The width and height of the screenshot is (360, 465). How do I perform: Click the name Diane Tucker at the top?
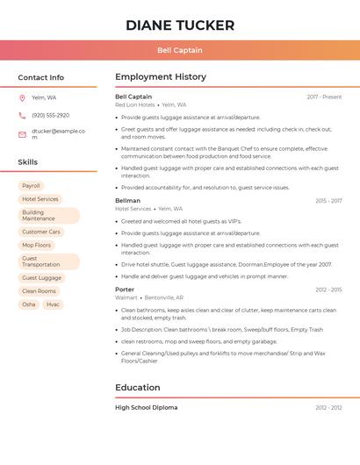click(180, 25)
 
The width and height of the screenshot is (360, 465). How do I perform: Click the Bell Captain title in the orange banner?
click(180, 50)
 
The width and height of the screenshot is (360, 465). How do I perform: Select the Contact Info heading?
click(41, 77)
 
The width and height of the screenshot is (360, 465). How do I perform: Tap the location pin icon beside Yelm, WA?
click(22, 98)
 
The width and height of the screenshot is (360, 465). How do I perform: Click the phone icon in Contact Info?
click(22, 116)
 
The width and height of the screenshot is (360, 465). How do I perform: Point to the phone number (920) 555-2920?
click(50, 116)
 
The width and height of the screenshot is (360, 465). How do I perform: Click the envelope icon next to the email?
click(22, 134)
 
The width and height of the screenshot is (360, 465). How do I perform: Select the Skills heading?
click(28, 162)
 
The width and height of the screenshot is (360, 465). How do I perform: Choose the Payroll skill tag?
click(31, 186)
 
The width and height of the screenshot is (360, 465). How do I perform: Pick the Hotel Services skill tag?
click(40, 199)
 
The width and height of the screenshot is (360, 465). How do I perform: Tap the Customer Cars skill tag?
click(41, 232)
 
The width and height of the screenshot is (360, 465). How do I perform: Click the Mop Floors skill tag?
click(37, 245)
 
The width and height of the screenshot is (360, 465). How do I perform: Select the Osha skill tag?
click(29, 304)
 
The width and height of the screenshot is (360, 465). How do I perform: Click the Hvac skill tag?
click(53, 304)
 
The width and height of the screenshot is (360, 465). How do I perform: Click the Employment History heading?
click(161, 77)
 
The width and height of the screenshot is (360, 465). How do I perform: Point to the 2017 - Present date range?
click(324, 97)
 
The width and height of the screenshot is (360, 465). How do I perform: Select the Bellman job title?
click(128, 201)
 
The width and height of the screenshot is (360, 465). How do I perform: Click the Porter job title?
click(125, 290)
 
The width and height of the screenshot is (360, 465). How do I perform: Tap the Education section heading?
click(138, 388)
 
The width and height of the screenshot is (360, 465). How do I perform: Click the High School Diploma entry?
click(147, 408)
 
